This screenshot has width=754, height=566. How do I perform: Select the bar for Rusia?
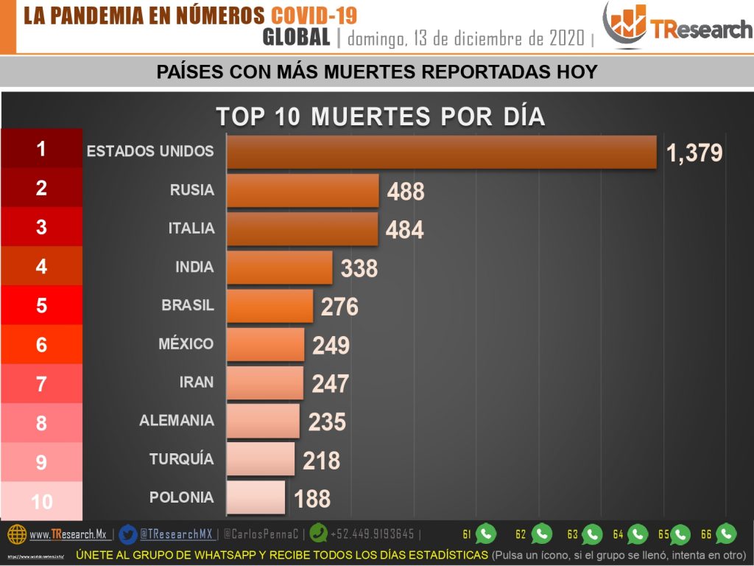302,190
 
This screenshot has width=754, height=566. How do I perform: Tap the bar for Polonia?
256,497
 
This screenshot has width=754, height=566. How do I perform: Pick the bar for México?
265,344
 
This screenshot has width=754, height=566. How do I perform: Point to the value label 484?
404,230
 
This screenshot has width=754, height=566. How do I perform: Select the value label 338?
359,269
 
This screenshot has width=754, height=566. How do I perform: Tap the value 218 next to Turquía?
321,461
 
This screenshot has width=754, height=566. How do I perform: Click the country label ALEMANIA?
177,421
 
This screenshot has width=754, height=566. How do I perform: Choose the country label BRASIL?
188,305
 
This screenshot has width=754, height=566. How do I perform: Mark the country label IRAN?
197,382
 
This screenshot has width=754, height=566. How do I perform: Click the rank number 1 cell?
41,150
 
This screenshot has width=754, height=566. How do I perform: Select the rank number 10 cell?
41,502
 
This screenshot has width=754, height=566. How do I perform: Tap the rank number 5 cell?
41,306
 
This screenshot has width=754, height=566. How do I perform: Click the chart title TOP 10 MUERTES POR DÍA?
380,116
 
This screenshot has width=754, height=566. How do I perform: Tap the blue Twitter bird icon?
128,533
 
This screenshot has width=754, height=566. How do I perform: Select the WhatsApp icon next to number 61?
486,534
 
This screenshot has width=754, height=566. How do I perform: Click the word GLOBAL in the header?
296,37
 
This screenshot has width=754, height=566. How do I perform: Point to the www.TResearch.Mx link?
68,534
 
